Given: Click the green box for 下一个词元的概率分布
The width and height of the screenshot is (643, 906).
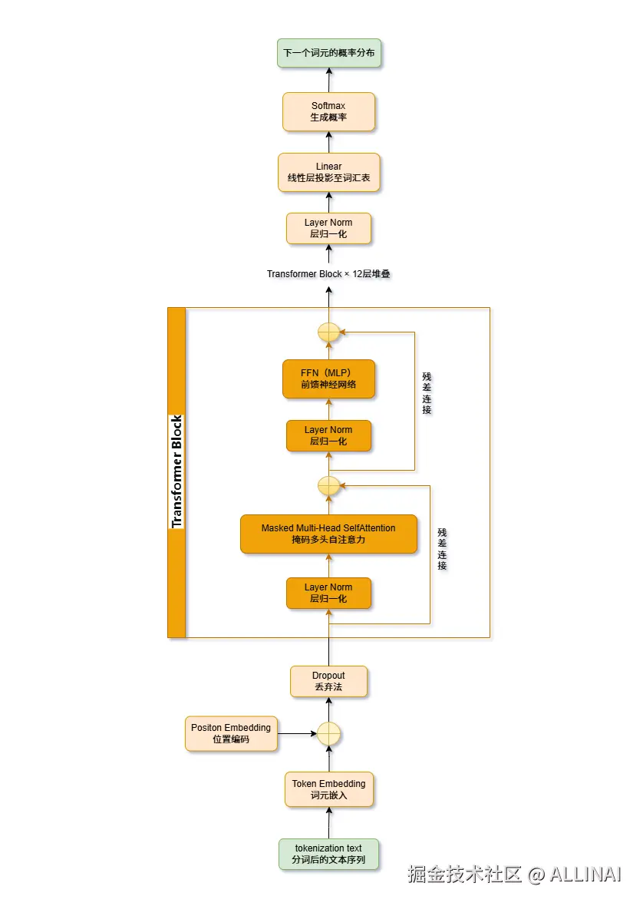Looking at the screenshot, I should click(328, 55).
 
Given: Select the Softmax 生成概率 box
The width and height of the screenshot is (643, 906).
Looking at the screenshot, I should click(328, 111).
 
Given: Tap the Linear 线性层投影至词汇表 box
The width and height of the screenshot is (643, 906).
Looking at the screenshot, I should click(328, 172).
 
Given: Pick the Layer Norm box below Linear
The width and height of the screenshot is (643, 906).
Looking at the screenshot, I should click(328, 228).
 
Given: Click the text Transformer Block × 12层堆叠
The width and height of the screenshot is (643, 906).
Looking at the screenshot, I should click(328, 274).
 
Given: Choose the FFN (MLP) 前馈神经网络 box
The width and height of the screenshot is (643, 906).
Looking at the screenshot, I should click(328, 379).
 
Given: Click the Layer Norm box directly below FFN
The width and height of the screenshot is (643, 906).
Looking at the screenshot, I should click(328, 435).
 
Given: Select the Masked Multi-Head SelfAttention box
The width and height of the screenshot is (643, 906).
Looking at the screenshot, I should click(328, 534).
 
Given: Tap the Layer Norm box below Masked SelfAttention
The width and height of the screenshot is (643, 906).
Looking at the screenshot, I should click(328, 593).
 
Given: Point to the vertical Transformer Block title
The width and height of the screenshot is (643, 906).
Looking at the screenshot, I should click(176, 472).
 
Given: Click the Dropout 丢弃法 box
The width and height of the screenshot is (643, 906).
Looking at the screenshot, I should click(328, 681).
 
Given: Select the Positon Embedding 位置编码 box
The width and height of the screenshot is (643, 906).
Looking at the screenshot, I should click(231, 733).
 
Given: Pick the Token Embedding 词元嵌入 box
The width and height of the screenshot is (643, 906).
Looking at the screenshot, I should click(328, 789).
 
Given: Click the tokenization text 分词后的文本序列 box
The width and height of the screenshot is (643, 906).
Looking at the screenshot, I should click(328, 854).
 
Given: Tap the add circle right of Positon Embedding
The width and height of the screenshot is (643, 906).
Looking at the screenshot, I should click(328, 734).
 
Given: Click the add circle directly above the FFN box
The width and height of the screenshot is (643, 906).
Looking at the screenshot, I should click(328, 332).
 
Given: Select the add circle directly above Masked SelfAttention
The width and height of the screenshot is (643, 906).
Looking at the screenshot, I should click(328, 485).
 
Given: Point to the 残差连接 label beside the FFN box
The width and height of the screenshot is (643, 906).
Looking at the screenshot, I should click(427, 393).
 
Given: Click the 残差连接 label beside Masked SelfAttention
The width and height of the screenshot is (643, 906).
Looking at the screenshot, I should click(442, 548).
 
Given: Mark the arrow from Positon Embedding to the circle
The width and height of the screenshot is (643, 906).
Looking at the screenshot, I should click(296, 734).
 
